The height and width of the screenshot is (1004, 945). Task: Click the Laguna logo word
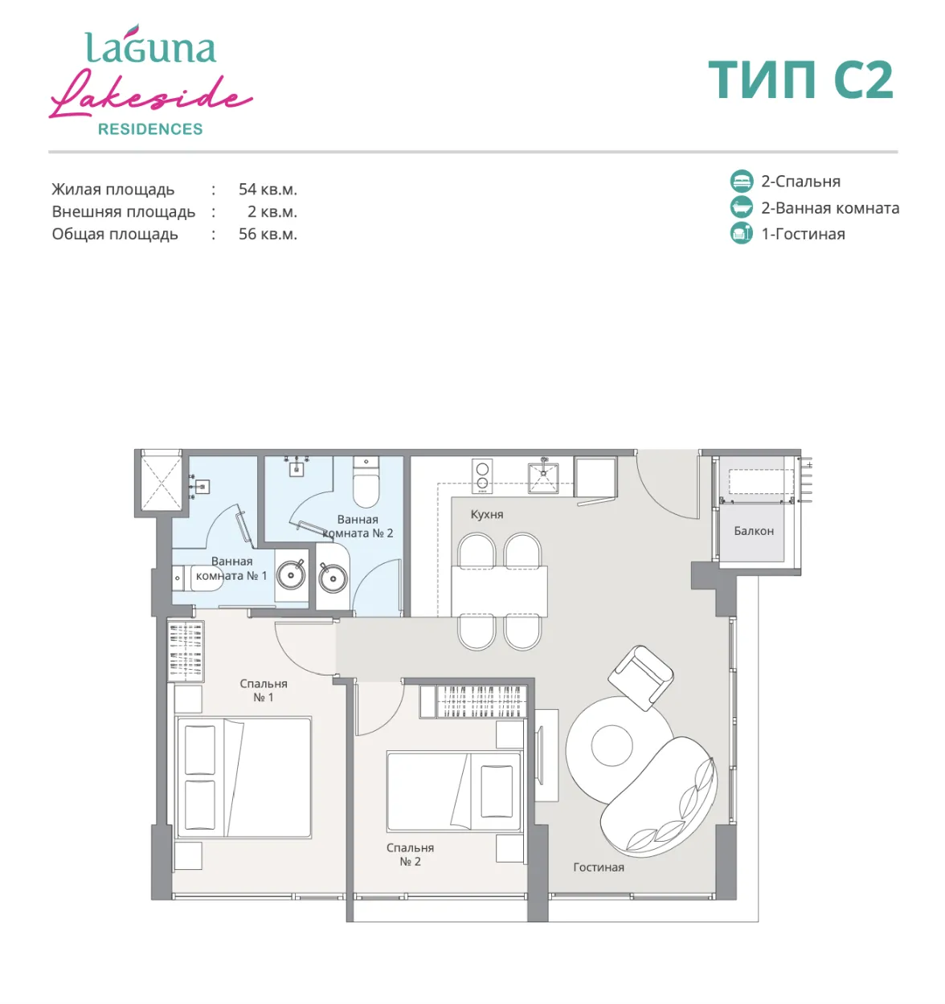[x=151, y=44]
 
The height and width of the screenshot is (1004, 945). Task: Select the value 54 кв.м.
[x=268, y=189]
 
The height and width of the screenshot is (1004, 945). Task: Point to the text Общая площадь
[x=115, y=234]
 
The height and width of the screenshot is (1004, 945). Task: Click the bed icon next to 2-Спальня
[x=742, y=181]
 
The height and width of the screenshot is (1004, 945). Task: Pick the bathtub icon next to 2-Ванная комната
[x=742, y=206]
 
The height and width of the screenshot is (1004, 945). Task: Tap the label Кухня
[x=487, y=514]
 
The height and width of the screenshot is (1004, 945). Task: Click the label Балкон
[x=754, y=531]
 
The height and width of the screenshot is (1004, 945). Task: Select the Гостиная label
[x=599, y=867]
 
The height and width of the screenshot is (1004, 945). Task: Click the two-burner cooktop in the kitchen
[x=482, y=475]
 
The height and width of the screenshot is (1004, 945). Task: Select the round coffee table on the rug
[x=612, y=745]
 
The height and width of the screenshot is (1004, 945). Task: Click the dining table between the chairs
[x=499, y=591]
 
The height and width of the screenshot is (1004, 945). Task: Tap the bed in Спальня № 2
[x=454, y=792]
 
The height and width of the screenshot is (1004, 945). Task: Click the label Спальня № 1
[x=263, y=690]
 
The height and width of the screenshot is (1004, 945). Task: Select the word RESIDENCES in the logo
[x=150, y=129]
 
